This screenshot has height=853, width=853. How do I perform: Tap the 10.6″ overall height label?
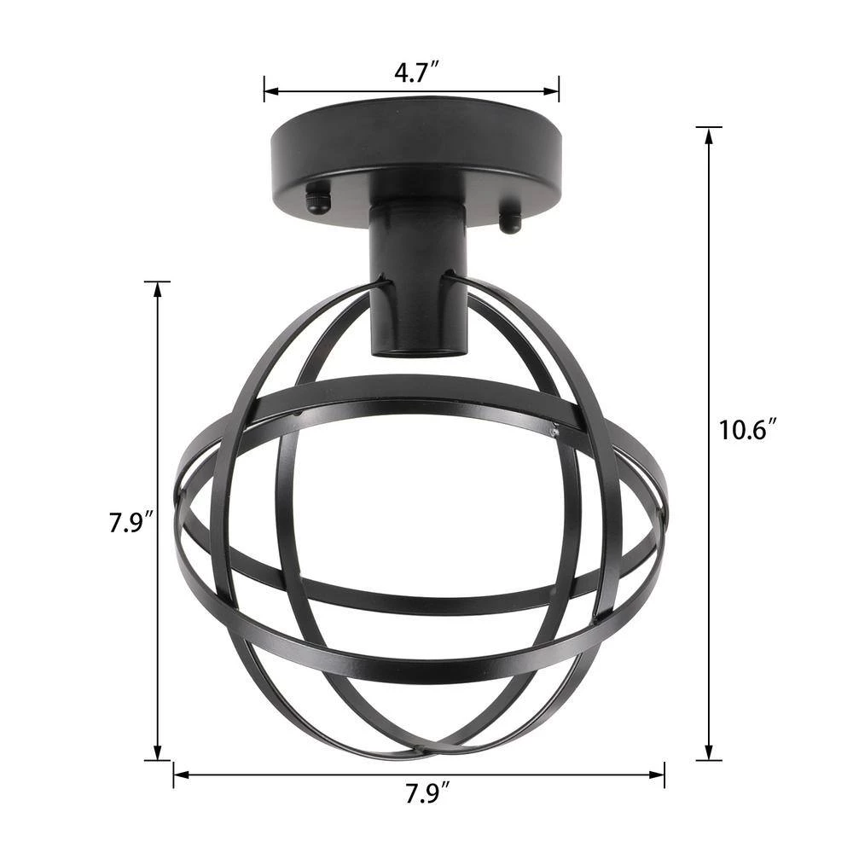point(747,430)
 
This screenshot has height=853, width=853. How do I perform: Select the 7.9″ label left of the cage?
point(130,521)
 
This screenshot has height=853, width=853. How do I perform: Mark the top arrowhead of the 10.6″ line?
point(708,134)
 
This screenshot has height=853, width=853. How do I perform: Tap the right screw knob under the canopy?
point(510,223)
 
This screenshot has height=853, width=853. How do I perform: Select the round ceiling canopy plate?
point(416,154)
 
